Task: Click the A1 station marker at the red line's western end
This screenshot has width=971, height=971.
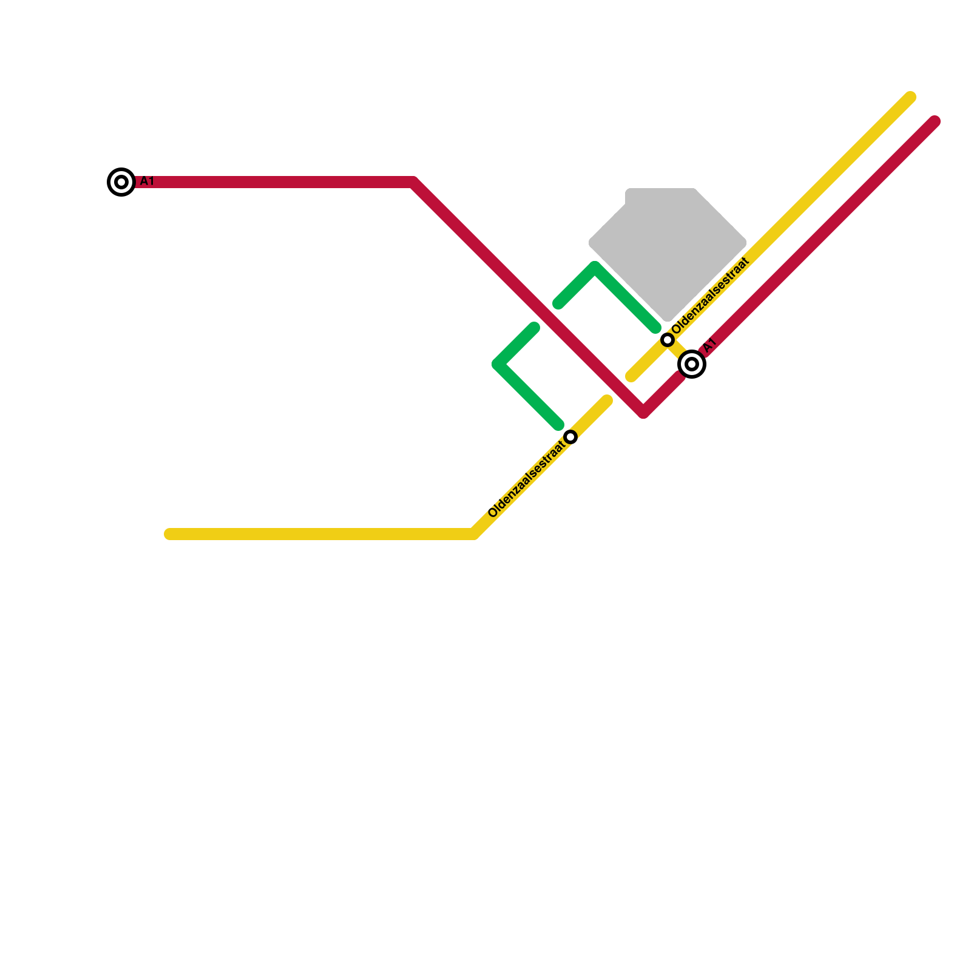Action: (x=121, y=182)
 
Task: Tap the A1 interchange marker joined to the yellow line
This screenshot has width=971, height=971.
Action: (x=692, y=364)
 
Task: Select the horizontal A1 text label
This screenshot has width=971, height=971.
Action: (x=147, y=181)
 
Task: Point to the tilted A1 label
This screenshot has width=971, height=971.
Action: (x=711, y=345)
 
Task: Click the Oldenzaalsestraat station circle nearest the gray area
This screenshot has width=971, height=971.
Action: (x=668, y=340)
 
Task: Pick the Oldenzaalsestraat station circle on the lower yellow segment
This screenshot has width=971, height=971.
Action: (x=570, y=437)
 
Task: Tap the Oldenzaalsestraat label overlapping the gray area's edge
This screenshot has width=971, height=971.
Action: (x=711, y=296)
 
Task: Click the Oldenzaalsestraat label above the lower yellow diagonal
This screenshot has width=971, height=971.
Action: (x=526, y=479)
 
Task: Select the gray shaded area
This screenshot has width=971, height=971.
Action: (x=668, y=243)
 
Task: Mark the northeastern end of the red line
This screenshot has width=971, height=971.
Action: (x=935, y=121)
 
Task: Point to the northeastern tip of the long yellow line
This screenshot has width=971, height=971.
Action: (x=910, y=97)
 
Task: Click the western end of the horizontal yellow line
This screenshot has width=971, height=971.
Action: (x=169, y=534)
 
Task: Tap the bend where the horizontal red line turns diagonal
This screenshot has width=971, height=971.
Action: (x=413, y=182)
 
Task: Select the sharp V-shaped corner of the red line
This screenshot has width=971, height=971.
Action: (x=643, y=412)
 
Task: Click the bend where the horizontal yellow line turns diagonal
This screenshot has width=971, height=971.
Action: (x=474, y=534)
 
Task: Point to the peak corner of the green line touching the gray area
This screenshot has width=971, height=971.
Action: (x=595, y=268)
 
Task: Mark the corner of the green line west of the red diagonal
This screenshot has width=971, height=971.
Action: (x=498, y=364)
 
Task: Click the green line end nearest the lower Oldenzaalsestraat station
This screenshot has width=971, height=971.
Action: (x=558, y=425)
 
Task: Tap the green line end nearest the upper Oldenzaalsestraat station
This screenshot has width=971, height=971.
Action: (x=655, y=328)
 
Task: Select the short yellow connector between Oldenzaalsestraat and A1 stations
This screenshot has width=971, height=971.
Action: (x=679, y=351)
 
